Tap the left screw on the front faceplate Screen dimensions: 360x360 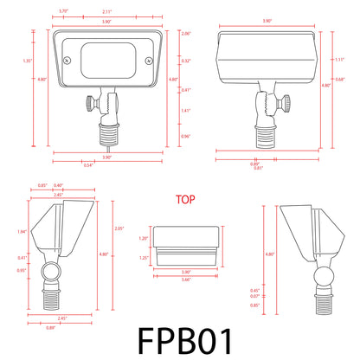point(66,60)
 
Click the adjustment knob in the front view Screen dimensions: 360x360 point(89,106)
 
